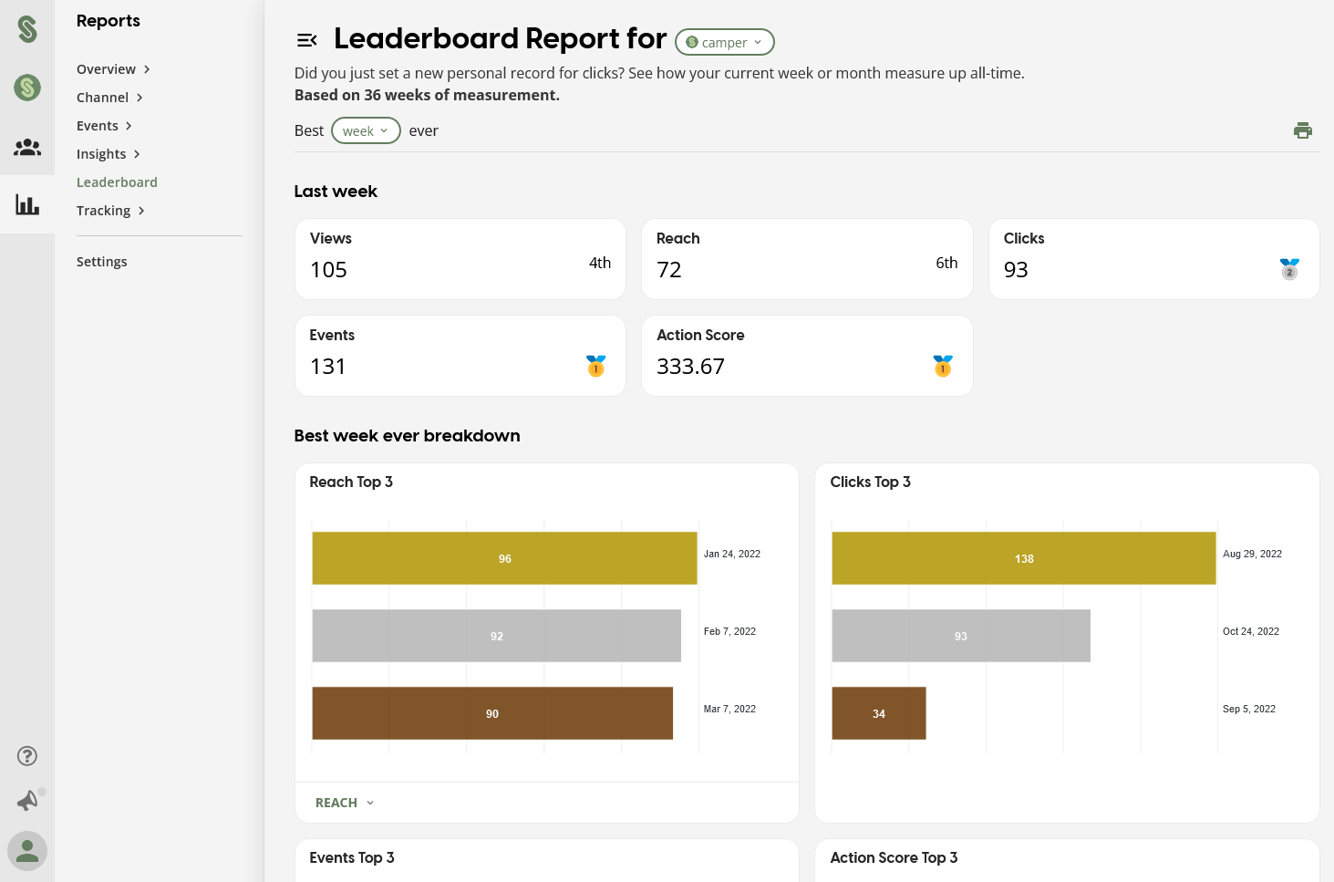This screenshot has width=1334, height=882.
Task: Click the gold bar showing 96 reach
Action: point(504,558)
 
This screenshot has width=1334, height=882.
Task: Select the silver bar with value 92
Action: point(496,636)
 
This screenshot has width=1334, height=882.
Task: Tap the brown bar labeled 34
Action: point(878,713)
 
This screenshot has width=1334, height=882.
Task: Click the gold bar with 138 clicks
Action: point(1023,558)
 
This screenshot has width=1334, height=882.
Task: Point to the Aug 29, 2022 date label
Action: point(1252,554)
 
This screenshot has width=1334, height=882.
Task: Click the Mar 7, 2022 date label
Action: point(729,709)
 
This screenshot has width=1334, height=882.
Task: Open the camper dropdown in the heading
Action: point(724,42)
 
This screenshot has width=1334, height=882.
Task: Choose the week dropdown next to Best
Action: point(365,130)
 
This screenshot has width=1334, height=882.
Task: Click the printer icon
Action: point(1302,130)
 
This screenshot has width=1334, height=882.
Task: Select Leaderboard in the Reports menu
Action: point(117,182)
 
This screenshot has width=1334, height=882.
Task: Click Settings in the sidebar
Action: point(101,262)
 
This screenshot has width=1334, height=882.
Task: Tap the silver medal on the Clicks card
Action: point(1289,269)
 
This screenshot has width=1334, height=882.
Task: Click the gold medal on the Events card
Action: point(595,366)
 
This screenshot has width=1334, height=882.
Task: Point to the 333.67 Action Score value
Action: point(690,367)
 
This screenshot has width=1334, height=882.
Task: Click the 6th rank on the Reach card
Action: point(946,263)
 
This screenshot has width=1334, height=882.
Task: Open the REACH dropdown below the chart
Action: point(344,803)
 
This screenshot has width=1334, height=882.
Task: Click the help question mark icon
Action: point(27,756)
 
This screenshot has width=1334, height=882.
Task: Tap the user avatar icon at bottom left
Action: point(27,851)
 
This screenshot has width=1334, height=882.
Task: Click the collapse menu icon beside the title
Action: point(306,40)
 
